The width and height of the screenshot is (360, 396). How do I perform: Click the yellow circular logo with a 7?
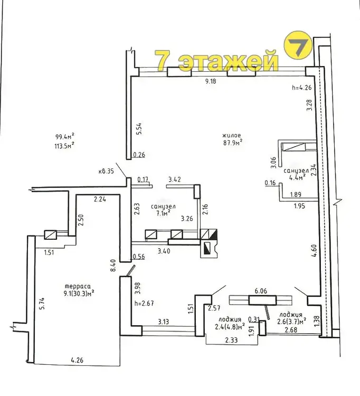(298, 46)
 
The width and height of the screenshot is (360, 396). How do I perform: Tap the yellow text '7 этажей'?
(216, 60)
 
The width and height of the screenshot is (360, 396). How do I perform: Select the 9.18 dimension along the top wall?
(211, 81)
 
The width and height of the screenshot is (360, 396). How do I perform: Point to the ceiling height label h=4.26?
(302, 88)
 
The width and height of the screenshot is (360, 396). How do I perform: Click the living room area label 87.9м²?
(233, 143)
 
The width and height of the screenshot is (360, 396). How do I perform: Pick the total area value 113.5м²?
(65, 146)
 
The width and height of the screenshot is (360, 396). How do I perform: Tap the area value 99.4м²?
(65, 137)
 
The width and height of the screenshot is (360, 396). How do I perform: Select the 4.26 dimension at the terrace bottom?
(77, 360)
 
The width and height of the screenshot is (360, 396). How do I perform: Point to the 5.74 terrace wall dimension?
(42, 304)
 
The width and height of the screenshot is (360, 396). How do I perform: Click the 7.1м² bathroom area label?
(163, 214)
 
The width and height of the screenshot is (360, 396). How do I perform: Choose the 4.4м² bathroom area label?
(296, 177)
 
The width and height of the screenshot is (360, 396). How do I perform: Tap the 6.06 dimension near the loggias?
(261, 291)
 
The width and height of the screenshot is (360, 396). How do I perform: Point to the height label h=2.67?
(145, 303)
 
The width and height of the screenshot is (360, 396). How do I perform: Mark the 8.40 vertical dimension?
(113, 266)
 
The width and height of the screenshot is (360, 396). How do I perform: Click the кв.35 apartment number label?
(106, 171)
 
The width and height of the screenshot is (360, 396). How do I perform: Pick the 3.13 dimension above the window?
(163, 322)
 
